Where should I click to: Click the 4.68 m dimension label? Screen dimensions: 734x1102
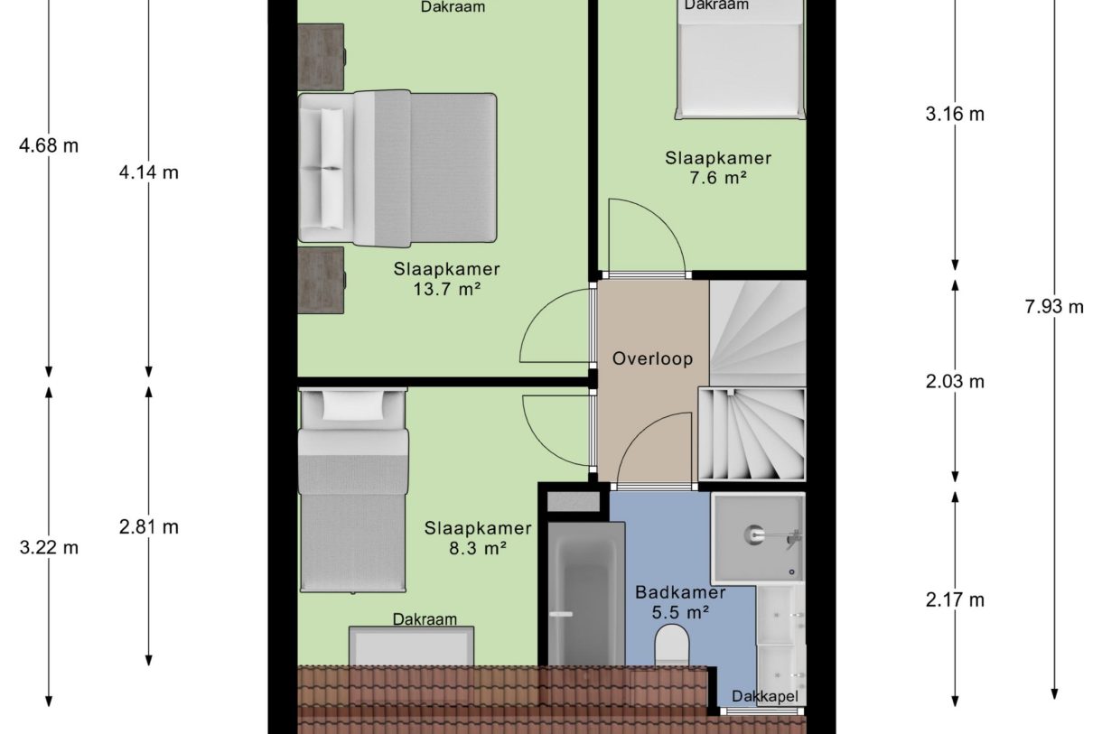point(49,144)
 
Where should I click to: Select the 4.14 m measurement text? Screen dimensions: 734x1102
point(149,172)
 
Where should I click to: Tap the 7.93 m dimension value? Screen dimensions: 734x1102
point(1053,306)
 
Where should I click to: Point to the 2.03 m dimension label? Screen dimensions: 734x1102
point(955,381)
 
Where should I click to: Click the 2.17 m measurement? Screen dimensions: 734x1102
point(955,599)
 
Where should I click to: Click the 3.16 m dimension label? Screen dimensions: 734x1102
point(955,114)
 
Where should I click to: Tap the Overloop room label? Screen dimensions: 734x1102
point(652,358)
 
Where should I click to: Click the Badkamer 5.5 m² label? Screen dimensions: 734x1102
point(679,602)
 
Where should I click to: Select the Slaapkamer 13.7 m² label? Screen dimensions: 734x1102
point(446,279)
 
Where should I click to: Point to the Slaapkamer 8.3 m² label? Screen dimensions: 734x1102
point(478,538)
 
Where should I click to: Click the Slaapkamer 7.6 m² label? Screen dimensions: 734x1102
point(718,168)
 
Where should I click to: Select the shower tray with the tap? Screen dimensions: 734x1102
point(757,538)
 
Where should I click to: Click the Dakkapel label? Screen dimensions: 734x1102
point(766,697)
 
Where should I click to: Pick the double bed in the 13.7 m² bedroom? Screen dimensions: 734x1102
point(397,168)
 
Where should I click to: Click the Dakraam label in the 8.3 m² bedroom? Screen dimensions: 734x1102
point(424,619)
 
